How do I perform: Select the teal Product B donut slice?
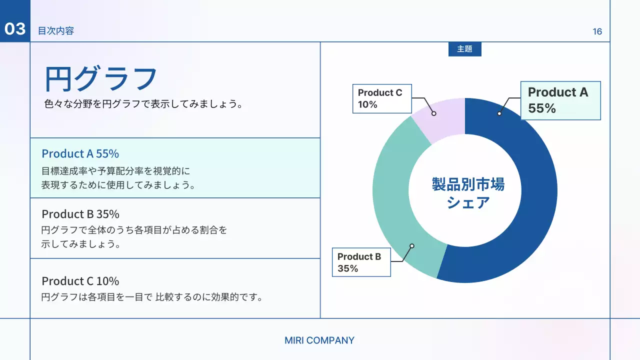pos(395,200)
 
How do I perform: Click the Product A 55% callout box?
pos(560,100)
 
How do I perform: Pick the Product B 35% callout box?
pos(361,262)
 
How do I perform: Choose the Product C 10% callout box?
pos(381,98)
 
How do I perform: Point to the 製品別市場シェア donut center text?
pos(468,193)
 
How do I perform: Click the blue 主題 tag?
pos(464,49)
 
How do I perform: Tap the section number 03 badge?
pos(15,29)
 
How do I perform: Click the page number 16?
pos(597,31)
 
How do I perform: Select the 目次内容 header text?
pos(56,31)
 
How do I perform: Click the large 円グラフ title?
pos(101,78)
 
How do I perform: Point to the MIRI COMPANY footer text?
pos(319,340)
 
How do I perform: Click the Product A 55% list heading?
pos(80,153)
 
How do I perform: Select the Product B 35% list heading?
pos(80,214)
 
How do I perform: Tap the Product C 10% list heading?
pos(80,280)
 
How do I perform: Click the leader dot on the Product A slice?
pos(499,113)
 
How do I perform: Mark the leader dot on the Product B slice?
pos(412,245)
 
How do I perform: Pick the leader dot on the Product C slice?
pos(434,113)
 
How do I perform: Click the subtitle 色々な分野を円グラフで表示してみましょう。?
pos(143,105)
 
